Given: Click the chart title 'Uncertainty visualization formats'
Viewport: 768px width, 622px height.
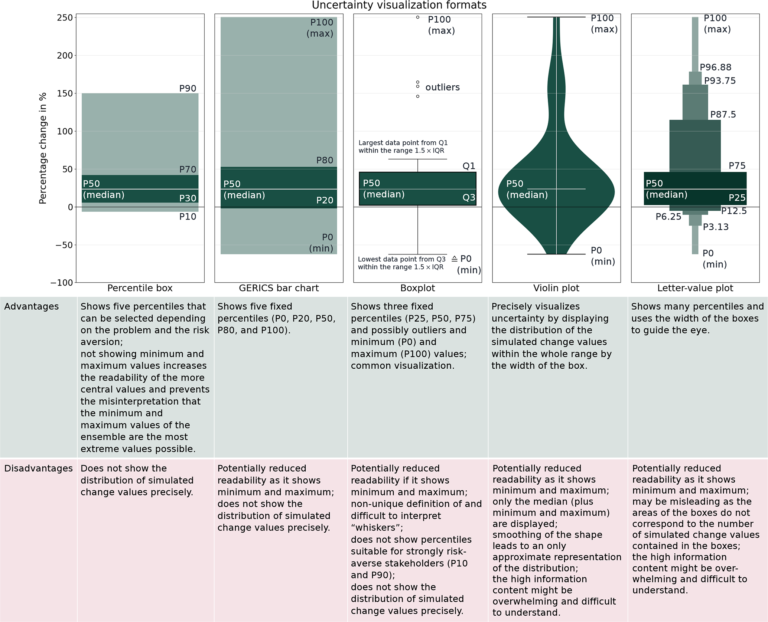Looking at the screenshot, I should [x=399, y=5].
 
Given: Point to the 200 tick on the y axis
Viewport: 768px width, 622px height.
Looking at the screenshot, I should [x=65, y=56].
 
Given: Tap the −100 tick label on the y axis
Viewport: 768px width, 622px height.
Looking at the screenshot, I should [x=62, y=283].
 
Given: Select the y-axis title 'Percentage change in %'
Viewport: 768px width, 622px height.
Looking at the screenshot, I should [x=43, y=148].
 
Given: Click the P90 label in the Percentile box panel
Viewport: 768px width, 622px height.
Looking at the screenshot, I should [x=188, y=88].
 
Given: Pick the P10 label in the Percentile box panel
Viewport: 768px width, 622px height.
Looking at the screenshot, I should [x=188, y=217].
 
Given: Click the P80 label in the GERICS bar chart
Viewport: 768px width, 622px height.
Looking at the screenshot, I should [x=325, y=160].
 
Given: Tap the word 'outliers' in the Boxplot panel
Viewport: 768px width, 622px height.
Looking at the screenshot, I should [x=442, y=87].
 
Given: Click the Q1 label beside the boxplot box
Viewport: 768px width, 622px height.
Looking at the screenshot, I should [x=469, y=166].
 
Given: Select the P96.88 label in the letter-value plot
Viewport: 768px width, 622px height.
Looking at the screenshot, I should [x=715, y=67].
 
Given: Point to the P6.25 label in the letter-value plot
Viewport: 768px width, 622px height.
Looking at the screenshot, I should [x=668, y=217].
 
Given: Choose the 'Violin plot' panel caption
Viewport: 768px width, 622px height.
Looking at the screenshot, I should [x=556, y=288].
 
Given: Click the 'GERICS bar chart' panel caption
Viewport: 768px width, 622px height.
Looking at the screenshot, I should [x=279, y=288].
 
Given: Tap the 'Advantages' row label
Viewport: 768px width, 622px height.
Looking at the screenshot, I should [x=32, y=306].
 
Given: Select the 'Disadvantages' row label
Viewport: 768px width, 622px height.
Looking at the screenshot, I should [x=38, y=468].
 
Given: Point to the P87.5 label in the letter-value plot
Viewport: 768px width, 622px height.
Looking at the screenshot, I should [x=723, y=114].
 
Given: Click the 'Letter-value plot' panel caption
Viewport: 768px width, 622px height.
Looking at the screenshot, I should [x=695, y=288].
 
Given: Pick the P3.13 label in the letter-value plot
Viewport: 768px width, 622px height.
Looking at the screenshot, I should [x=716, y=227].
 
